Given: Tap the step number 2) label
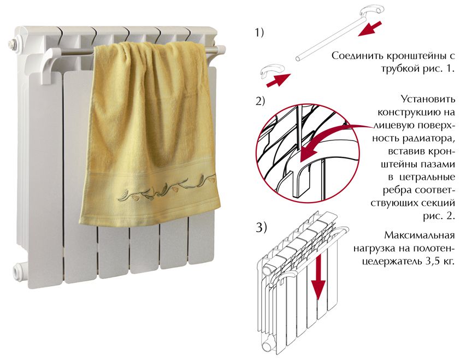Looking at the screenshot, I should [x=260, y=102].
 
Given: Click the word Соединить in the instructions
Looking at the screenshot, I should [x=354, y=58].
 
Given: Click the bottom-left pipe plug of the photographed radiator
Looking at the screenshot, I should [x=20, y=269].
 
